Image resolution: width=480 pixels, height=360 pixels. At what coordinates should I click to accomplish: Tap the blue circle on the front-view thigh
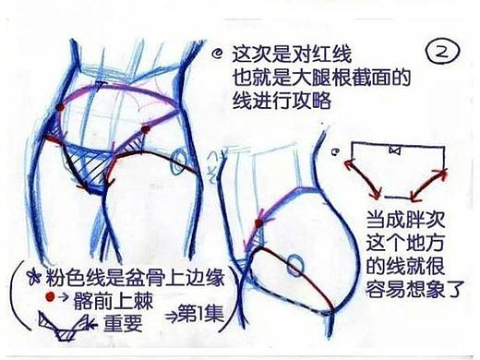click(178, 162)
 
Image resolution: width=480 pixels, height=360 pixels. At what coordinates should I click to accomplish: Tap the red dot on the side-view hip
click(262, 224)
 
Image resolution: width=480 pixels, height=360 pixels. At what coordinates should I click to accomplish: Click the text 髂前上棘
click(126, 298)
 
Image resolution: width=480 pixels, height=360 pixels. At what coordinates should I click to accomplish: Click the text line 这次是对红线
click(282, 55)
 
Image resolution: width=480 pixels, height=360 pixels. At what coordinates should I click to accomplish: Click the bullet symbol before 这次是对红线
click(217, 54)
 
